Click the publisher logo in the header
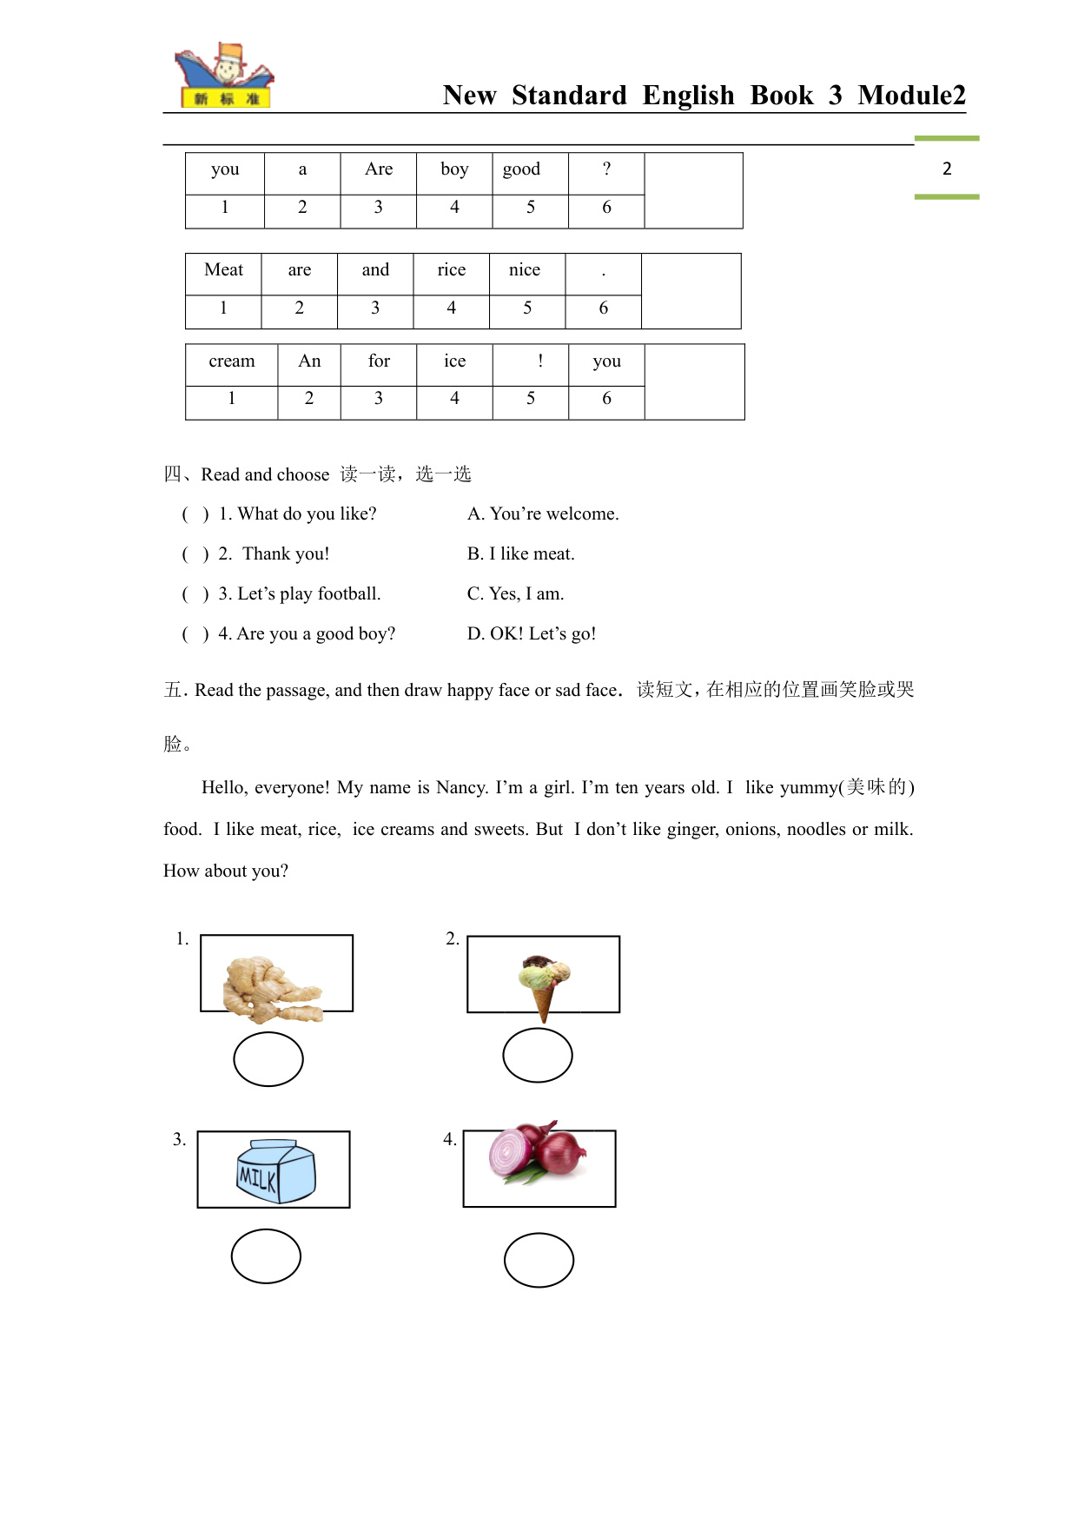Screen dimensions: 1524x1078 [224, 76]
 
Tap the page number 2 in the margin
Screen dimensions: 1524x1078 [947, 169]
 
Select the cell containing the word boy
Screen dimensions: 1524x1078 [454, 169]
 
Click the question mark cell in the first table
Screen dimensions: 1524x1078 [606, 169]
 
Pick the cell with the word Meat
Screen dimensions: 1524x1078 [223, 270]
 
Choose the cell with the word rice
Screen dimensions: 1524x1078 [451, 270]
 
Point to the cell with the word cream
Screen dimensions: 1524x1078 [231, 361]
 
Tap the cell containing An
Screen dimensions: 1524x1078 [309, 361]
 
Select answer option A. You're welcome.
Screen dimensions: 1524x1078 [543, 514]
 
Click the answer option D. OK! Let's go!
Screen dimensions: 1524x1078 [532, 633]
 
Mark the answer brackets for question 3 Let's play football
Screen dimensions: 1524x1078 [195, 594]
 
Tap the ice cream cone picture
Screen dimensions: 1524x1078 [545, 985]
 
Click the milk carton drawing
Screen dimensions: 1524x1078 [275, 1171]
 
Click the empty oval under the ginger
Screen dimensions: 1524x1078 [268, 1059]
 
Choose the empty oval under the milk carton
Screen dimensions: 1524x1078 [266, 1256]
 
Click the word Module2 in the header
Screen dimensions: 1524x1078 [911, 95]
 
